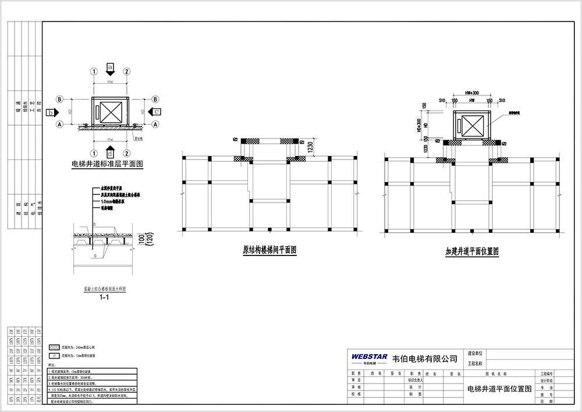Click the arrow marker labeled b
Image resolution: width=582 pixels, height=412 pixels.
[52, 112]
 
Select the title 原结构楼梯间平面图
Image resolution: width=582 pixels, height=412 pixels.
[269, 251]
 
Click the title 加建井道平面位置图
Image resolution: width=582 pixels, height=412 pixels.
[472, 251]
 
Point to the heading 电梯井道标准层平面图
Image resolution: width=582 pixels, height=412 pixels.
[107, 165]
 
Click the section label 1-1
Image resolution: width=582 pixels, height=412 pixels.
[105, 297]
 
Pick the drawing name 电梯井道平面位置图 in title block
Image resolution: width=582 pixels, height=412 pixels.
[499, 389]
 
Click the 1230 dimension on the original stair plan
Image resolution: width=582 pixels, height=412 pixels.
[310, 147]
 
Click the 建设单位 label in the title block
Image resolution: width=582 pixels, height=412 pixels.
[475, 354]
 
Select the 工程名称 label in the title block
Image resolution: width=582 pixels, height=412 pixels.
[475, 363]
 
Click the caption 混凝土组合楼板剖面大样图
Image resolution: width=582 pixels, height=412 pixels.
[105, 289]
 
